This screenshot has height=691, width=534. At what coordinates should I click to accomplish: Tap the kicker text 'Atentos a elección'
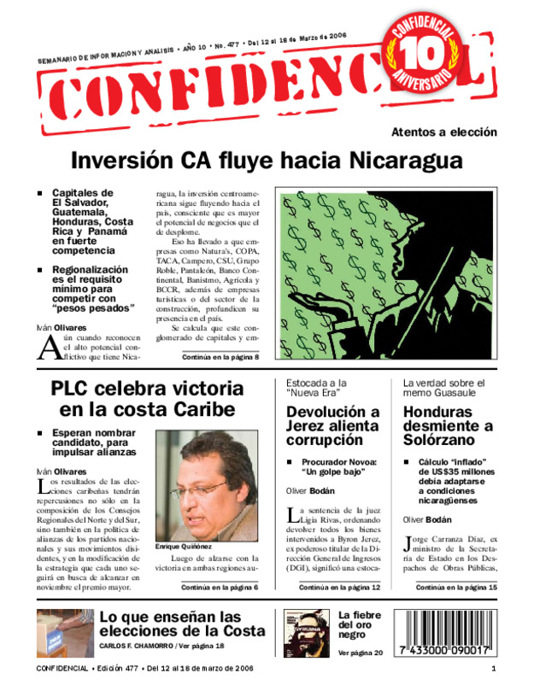tap(443, 132)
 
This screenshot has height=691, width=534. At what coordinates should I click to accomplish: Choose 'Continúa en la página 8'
tap(220, 357)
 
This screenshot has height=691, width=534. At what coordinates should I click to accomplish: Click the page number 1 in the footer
tap(494, 668)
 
